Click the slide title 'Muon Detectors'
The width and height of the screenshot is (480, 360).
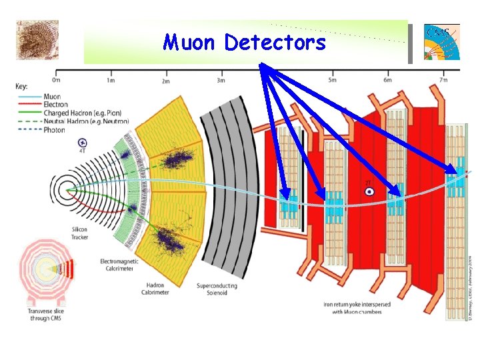click(245, 43)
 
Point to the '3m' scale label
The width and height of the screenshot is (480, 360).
click(221, 81)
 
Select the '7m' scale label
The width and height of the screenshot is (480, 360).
click(443, 81)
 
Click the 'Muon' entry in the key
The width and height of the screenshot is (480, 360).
click(52, 97)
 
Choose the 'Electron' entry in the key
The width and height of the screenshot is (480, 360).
click(55, 105)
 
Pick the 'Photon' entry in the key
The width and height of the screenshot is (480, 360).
click(55, 130)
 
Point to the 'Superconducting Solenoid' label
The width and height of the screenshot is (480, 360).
click(217, 289)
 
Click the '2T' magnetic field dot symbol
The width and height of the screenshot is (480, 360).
click(369, 191)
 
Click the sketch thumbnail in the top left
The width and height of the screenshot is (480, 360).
click(36, 39)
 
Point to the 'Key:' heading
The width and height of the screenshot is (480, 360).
click(22, 87)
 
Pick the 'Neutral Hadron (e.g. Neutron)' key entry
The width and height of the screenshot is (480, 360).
click(86, 121)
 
